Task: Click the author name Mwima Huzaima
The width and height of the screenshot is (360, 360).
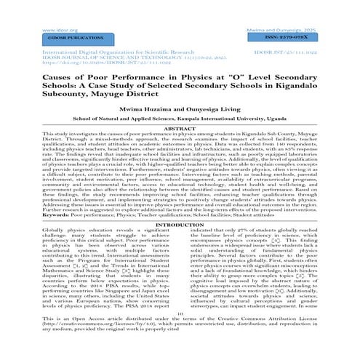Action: [137, 127]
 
